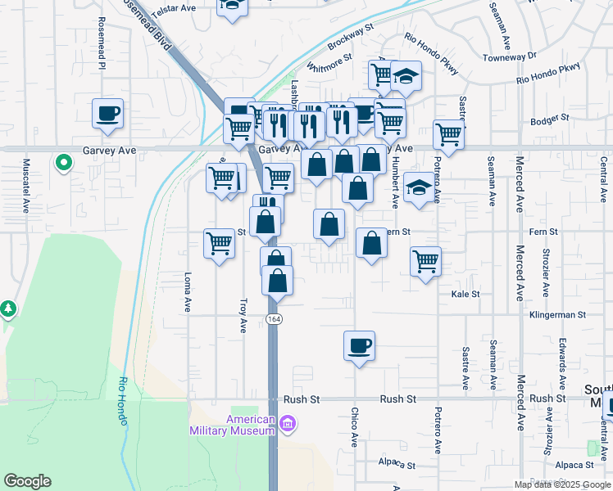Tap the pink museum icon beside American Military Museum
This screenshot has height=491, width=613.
pyautogui.click(x=287, y=423)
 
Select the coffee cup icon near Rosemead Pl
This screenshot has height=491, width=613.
pyautogui.click(x=107, y=113)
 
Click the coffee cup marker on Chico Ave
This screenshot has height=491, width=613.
pyautogui.click(x=358, y=345)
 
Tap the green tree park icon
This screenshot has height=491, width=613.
pyautogui.click(x=8, y=309)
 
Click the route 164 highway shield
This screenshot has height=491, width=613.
pyautogui.click(x=273, y=318)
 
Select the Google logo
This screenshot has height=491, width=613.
pyautogui.click(x=27, y=481)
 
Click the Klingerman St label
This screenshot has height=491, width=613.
pyautogui.click(x=557, y=314)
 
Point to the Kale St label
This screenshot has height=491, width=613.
pyautogui.click(x=465, y=293)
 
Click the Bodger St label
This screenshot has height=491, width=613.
pyautogui.click(x=549, y=119)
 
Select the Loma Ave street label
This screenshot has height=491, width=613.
pyautogui.click(x=188, y=292)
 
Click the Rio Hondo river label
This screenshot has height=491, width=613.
pyautogui.click(x=123, y=394)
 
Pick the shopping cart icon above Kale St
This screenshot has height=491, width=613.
pyautogui.click(x=425, y=261)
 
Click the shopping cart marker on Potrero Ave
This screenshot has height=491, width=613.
pyautogui.click(x=448, y=133)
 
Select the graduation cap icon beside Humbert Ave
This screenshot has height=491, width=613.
pyautogui.click(x=419, y=187)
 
